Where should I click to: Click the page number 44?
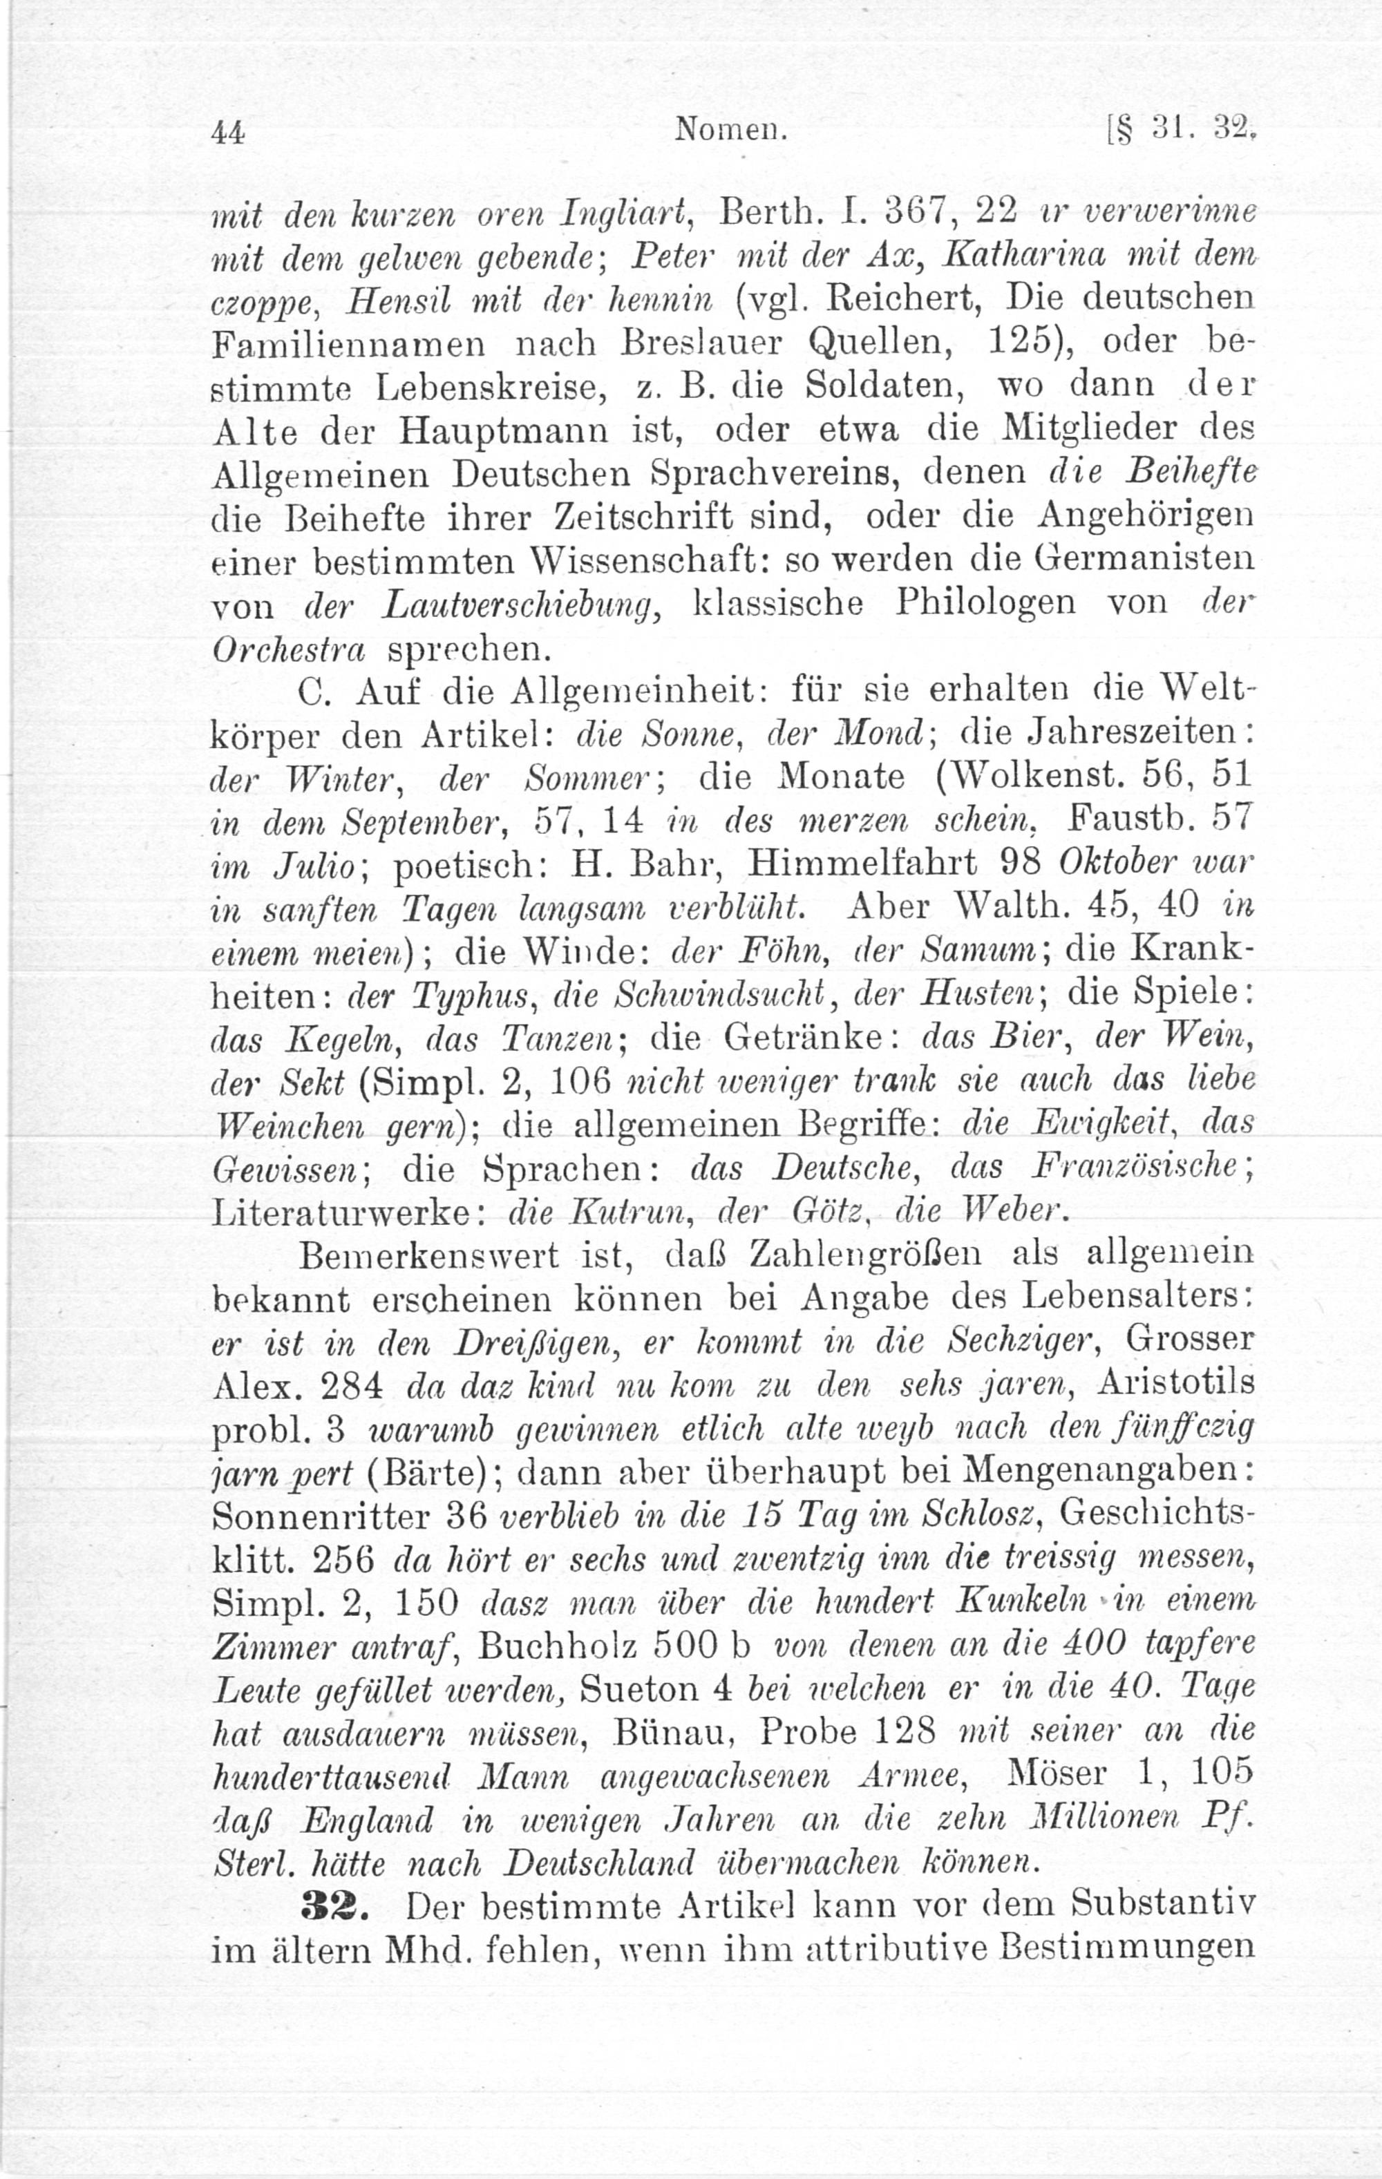coord(227,135)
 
